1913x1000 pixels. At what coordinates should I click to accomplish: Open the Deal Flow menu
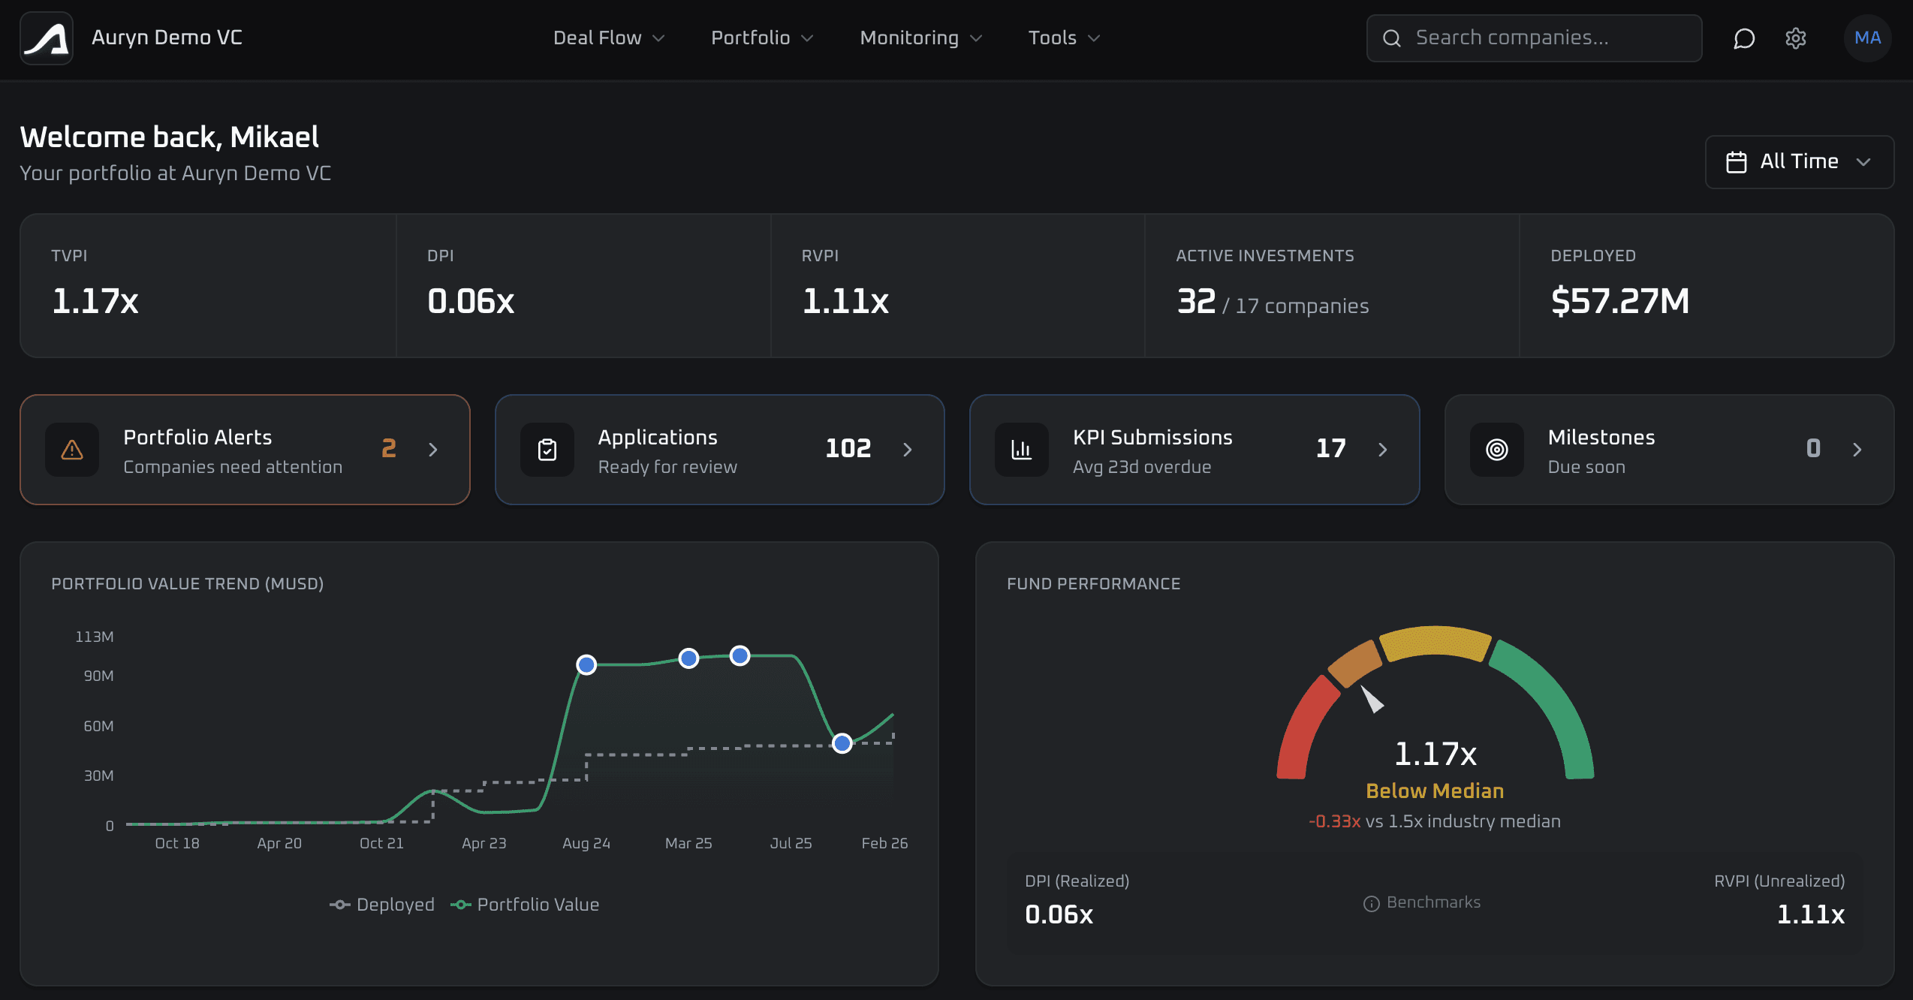pos(608,38)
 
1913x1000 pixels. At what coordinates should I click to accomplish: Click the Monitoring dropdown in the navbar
pos(920,38)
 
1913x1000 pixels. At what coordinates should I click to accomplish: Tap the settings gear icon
pos(1795,38)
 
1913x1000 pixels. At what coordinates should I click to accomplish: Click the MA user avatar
pos(1867,38)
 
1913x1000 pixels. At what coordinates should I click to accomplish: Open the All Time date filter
pos(1799,161)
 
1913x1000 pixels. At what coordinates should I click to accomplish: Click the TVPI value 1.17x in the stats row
pos(95,301)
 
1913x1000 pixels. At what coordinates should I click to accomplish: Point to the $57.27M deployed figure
pos(1619,301)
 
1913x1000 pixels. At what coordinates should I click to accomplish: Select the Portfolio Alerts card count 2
pos(388,448)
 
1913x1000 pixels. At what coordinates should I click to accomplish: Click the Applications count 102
pos(848,448)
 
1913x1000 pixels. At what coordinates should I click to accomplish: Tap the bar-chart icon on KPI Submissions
pos(1021,450)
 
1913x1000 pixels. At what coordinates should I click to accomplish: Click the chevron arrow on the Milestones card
pos(1857,450)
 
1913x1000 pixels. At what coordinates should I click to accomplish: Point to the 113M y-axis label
pos(95,637)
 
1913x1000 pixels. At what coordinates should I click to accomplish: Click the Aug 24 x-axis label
pos(586,843)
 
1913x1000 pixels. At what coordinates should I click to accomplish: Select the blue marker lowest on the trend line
pos(842,743)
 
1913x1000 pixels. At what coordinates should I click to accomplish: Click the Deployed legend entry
pos(382,905)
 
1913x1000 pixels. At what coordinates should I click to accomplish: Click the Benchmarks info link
pos(1422,902)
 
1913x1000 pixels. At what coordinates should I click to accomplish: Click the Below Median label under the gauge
pos(1434,791)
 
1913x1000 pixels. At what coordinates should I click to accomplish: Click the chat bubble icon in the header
pos(1743,38)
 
